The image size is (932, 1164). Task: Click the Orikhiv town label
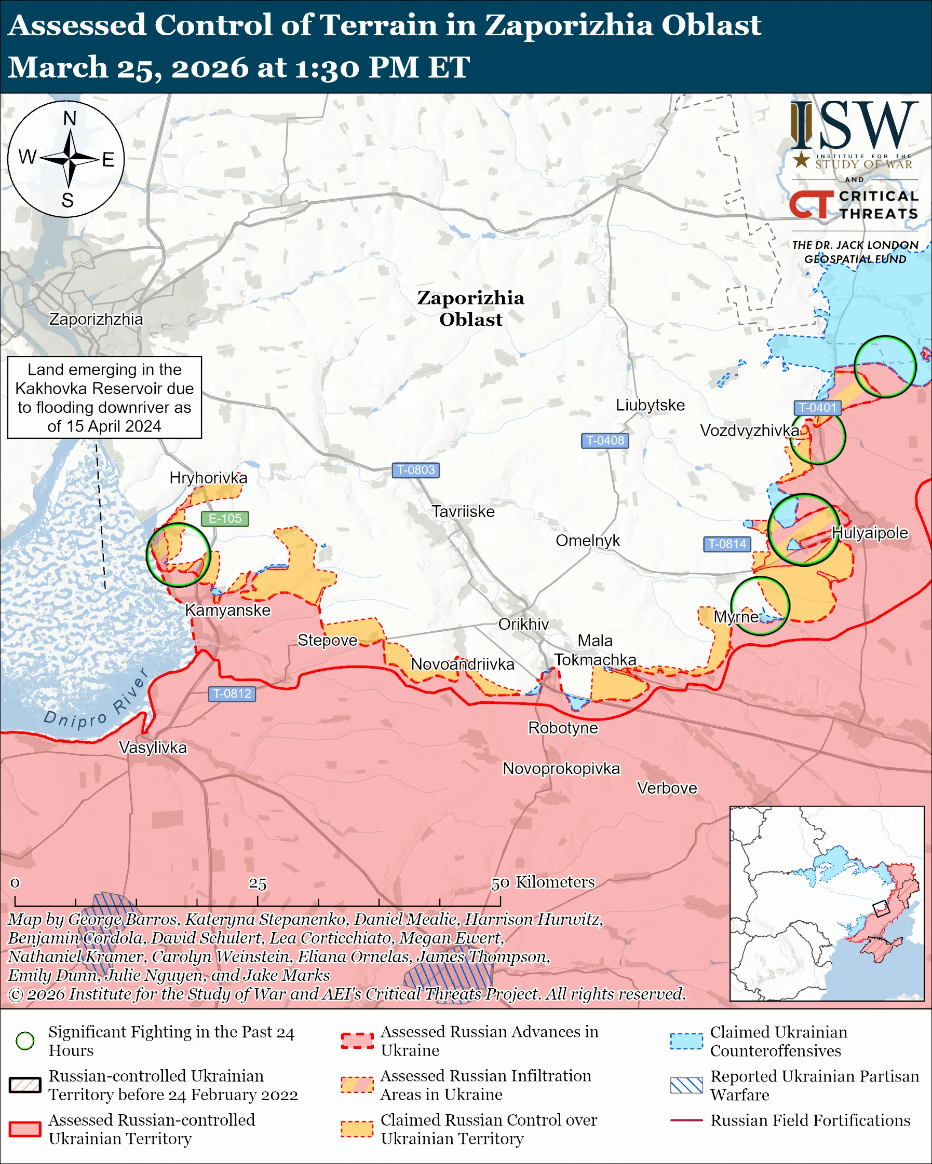tap(523, 624)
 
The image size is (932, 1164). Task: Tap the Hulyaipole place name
tap(869, 533)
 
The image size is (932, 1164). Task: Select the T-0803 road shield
tap(415, 470)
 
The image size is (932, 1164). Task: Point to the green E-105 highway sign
tap(225, 518)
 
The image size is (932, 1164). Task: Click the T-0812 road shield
tap(232, 693)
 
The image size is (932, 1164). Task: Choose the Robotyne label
tap(563, 728)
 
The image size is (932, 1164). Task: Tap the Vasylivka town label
tap(153, 748)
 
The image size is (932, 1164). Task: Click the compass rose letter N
tap(70, 118)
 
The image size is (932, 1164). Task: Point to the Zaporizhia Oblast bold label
tap(470, 308)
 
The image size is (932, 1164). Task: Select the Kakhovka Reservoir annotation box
tap(104, 397)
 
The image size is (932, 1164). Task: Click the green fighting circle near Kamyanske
tap(178, 555)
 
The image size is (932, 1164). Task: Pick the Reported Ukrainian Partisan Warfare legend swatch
tap(686, 1085)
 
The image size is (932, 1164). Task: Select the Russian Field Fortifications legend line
tap(686, 1120)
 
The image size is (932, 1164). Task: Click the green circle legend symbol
tap(25, 1041)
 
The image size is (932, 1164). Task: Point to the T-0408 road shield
tap(604, 440)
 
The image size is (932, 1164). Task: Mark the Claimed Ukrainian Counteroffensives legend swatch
tap(686, 1041)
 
